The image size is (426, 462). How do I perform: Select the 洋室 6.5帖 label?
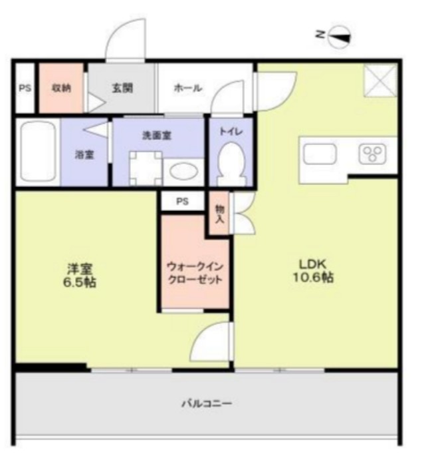point(80,276)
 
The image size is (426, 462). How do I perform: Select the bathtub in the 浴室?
point(37,152)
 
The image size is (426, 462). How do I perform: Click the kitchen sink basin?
point(320,154)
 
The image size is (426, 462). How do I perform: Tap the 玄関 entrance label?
point(122,88)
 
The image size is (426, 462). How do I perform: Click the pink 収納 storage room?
point(61,88)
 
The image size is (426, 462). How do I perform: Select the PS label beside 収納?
point(25,88)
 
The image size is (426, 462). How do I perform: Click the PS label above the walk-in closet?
point(182,200)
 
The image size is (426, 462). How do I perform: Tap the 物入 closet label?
point(219,213)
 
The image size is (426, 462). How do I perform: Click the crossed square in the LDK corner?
point(380,81)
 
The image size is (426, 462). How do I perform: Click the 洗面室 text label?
point(158,134)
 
